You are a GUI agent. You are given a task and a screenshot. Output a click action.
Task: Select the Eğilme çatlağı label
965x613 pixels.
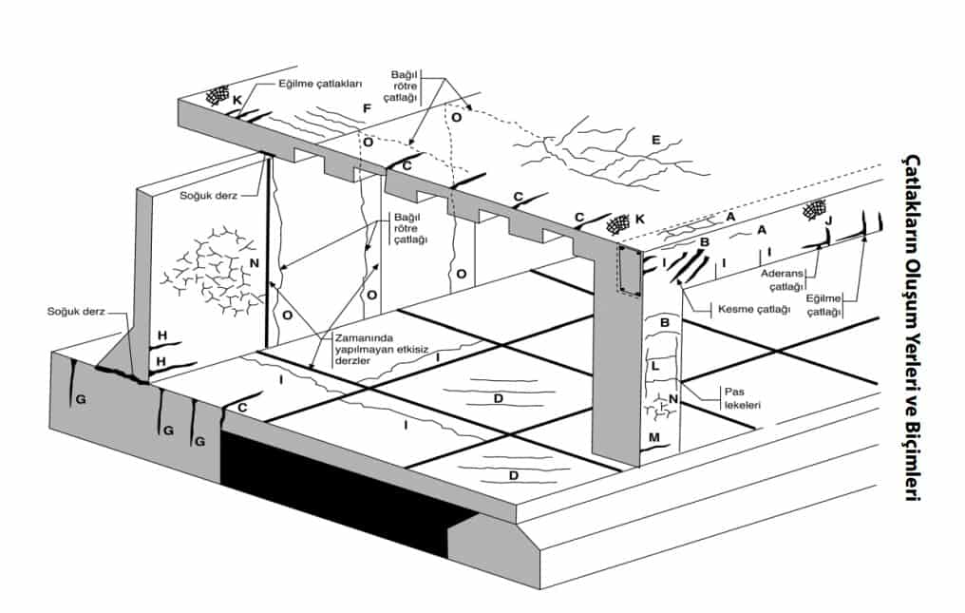click(x=826, y=304)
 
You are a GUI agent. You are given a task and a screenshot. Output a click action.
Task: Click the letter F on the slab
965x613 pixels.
click(x=366, y=108)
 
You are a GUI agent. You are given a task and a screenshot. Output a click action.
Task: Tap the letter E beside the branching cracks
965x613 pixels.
click(x=655, y=139)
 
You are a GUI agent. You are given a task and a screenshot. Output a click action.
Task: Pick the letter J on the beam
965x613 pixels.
click(x=829, y=221)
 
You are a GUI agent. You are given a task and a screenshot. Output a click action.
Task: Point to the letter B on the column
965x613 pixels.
click(x=653, y=324)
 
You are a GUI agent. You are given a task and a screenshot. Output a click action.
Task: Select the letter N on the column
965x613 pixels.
click(x=672, y=398)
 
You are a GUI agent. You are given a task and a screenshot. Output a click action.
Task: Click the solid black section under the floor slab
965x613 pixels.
click(x=342, y=494)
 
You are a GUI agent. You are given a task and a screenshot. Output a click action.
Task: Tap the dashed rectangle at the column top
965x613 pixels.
click(x=630, y=270)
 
